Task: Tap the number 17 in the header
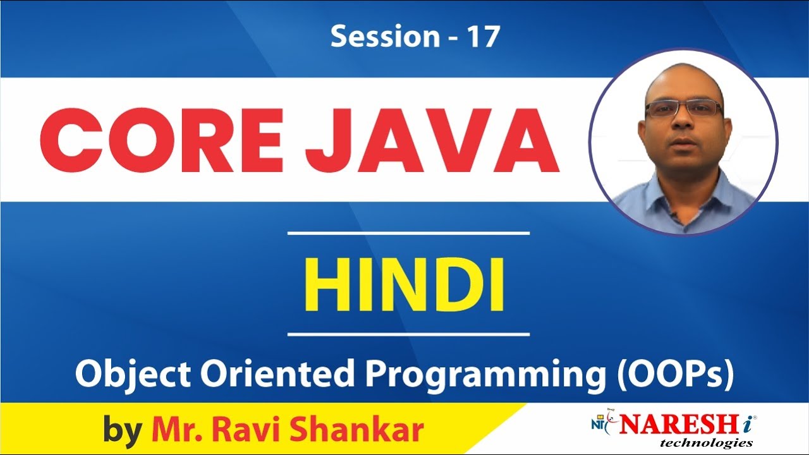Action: (x=484, y=37)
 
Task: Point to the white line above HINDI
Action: (x=408, y=233)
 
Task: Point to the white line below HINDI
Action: (x=408, y=334)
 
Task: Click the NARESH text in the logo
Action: (x=673, y=424)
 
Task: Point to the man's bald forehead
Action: (x=683, y=85)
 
